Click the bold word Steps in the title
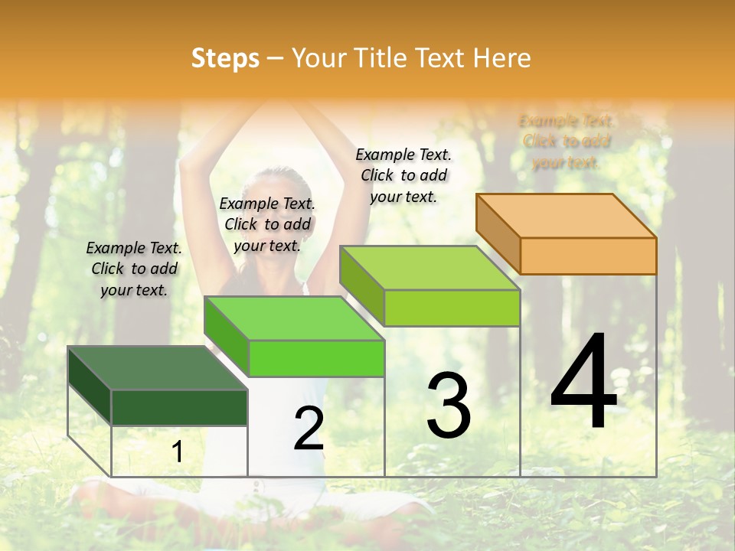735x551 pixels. (225, 58)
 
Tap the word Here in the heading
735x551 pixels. (501, 58)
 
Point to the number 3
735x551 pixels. (448, 406)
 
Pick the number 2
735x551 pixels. (309, 429)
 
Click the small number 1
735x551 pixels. (177, 452)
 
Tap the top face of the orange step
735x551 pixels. (566, 216)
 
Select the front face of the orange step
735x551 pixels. (588, 256)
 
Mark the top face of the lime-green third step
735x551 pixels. (430, 268)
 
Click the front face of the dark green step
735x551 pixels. (179, 407)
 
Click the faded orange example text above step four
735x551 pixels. (567, 142)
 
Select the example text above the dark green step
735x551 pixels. (134, 269)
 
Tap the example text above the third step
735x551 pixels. (403, 175)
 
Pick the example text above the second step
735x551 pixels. (267, 224)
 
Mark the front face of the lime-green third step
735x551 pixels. (452, 308)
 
